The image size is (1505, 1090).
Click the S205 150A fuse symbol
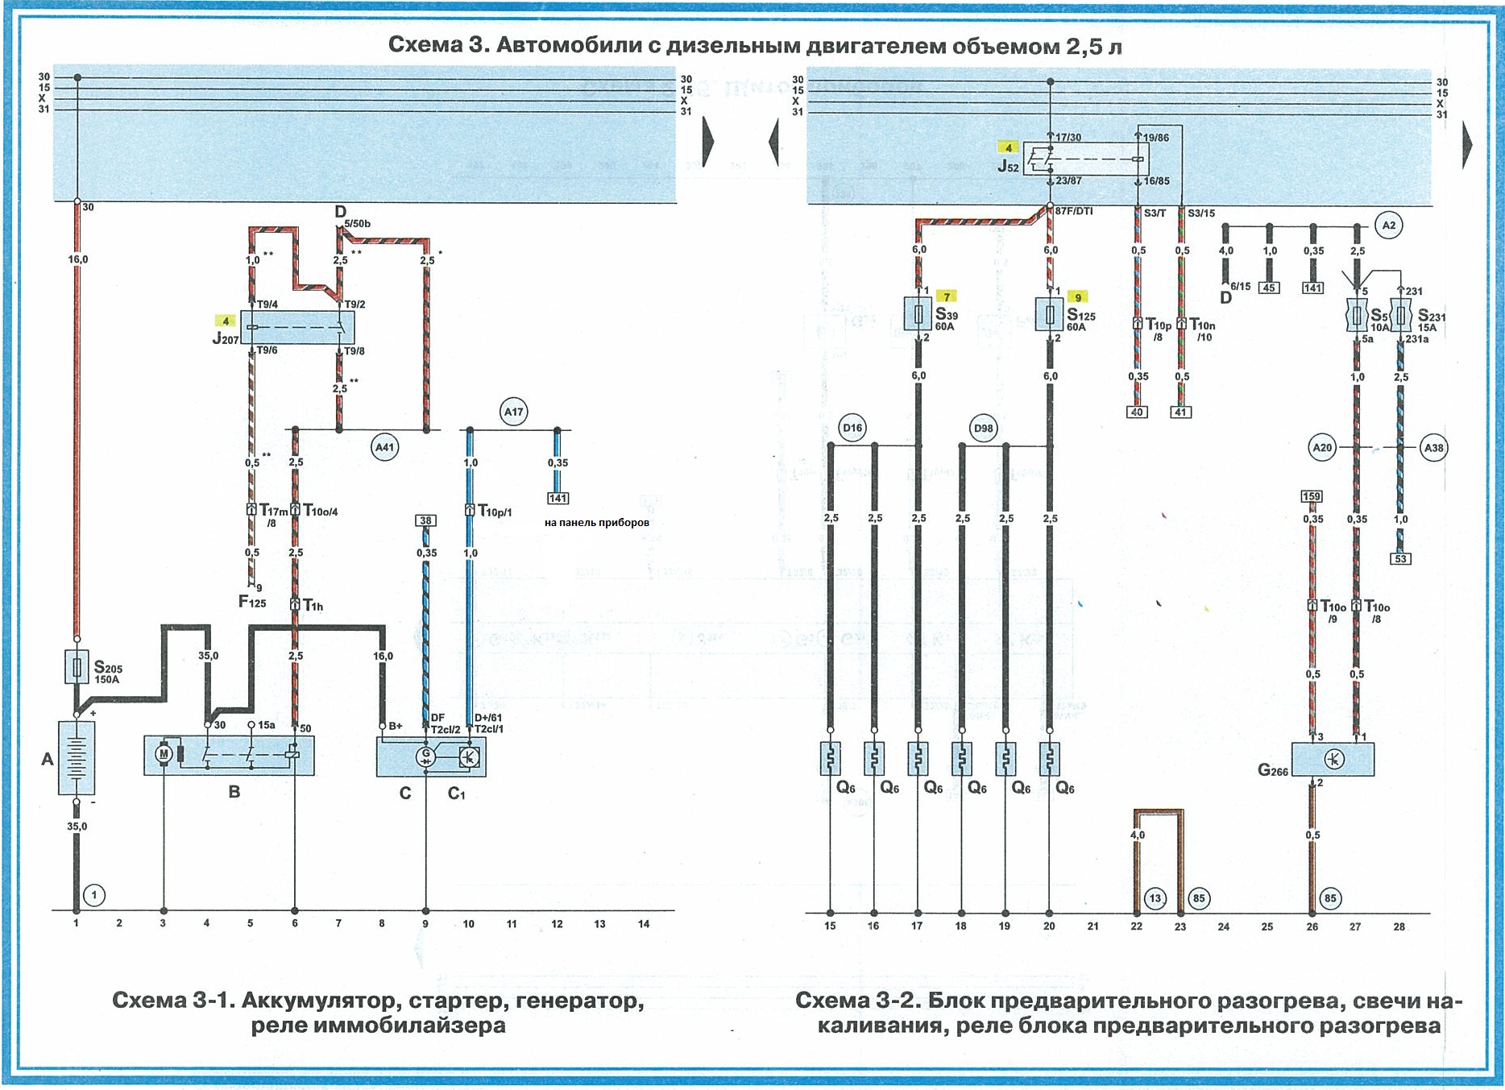(77, 667)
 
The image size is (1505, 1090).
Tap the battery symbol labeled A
(77, 758)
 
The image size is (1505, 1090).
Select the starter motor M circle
(164, 754)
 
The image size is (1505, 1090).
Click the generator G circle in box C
(425, 756)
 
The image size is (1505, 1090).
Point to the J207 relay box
(297, 327)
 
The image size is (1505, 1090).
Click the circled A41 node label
(385, 447)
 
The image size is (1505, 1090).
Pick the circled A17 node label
(513, 412)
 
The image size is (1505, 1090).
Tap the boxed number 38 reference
(425, 520)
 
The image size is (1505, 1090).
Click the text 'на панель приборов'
(596, 522)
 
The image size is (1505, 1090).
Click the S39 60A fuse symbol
(918, 313)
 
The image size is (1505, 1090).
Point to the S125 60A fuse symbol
(1050, 313)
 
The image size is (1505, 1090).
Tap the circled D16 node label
(852, 428)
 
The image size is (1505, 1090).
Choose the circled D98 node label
(984, 428)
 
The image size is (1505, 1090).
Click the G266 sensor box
(1333, 759)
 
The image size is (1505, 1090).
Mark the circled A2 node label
(1389, 226)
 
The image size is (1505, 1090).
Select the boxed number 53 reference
(1401, 558)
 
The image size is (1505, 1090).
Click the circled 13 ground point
(1155, 898)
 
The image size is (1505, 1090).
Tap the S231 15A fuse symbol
(1401, 316)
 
